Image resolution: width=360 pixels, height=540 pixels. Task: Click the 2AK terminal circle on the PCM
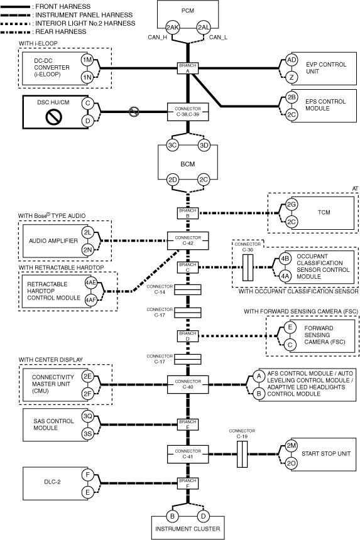[172, 28]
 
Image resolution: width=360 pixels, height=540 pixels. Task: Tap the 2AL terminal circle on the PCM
[204, 28]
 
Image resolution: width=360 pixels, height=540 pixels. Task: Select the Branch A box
[188, 68]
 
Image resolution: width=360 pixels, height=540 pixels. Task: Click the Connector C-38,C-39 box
[188, 112]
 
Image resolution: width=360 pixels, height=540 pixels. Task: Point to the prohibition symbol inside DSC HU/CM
[54, 117]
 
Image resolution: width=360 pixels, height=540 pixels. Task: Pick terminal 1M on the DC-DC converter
[87, 60]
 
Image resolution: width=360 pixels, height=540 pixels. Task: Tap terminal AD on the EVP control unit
[292, 60]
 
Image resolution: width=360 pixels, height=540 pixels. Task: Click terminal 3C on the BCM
[172, 145]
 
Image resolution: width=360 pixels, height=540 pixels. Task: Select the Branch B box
[188, 213]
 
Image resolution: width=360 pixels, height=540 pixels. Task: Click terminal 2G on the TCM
[292, 205]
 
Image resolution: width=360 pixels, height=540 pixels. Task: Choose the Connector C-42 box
[188, 240]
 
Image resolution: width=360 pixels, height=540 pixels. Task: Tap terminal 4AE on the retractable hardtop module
[91, 283]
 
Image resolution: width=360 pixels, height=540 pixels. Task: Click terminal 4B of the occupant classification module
[285, 259]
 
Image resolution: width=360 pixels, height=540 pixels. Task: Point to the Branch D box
[188, 336]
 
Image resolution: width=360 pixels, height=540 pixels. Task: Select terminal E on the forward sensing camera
[290, 327]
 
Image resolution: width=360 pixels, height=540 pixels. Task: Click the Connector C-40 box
[188, 384]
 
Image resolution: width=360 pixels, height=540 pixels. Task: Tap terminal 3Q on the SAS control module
[87, 416]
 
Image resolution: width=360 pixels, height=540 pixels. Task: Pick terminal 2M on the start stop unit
[292, 446]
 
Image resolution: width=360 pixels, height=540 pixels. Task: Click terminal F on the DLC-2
[87, 475]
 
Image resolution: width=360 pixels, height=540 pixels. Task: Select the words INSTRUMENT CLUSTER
[188, 529]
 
